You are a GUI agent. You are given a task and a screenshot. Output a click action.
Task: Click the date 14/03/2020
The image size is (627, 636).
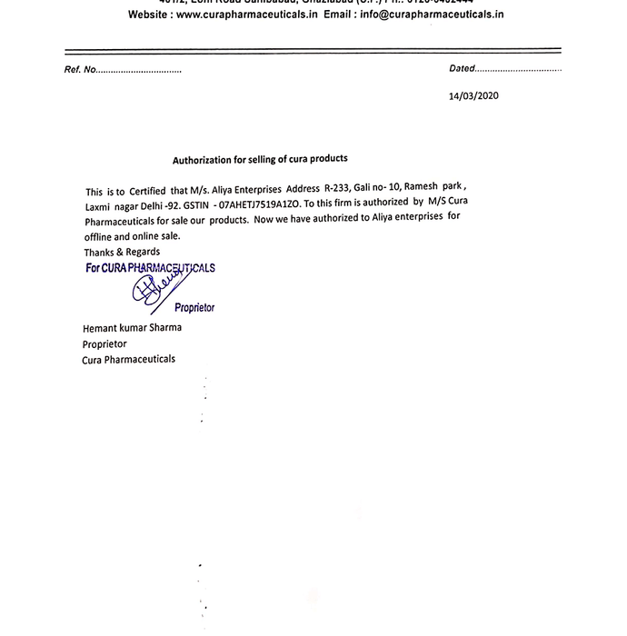[473, 95]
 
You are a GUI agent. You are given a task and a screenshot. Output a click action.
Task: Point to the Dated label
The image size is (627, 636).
[462, 69]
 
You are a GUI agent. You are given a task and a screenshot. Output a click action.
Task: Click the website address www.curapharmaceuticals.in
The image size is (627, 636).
[247, 15]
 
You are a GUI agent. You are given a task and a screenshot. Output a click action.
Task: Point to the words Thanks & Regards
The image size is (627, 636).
[122, 252]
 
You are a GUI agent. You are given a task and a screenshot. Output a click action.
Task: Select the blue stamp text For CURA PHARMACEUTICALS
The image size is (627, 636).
[150, 268]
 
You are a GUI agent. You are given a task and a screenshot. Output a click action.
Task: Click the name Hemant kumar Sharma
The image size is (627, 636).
[132, 328]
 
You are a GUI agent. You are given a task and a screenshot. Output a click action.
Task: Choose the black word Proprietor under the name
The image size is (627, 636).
[104, 344]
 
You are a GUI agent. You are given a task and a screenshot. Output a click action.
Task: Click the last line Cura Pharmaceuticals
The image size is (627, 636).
[128, 360]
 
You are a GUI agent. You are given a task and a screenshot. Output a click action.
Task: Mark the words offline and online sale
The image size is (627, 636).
[133, 236]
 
